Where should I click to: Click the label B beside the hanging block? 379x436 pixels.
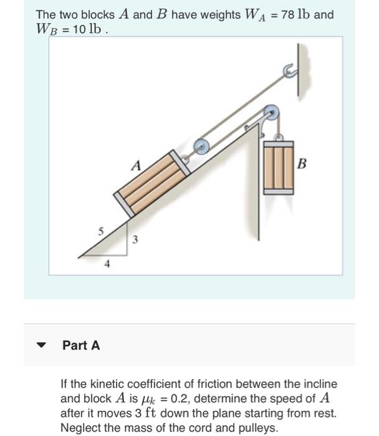302,164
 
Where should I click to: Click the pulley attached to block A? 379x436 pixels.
201,146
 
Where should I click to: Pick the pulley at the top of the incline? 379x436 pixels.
271,113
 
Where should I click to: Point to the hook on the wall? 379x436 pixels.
289,71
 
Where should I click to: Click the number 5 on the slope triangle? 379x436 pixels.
100,232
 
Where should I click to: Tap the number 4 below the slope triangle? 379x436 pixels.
107,264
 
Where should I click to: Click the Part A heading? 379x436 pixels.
81,345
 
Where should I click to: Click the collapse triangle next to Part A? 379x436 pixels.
42,345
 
